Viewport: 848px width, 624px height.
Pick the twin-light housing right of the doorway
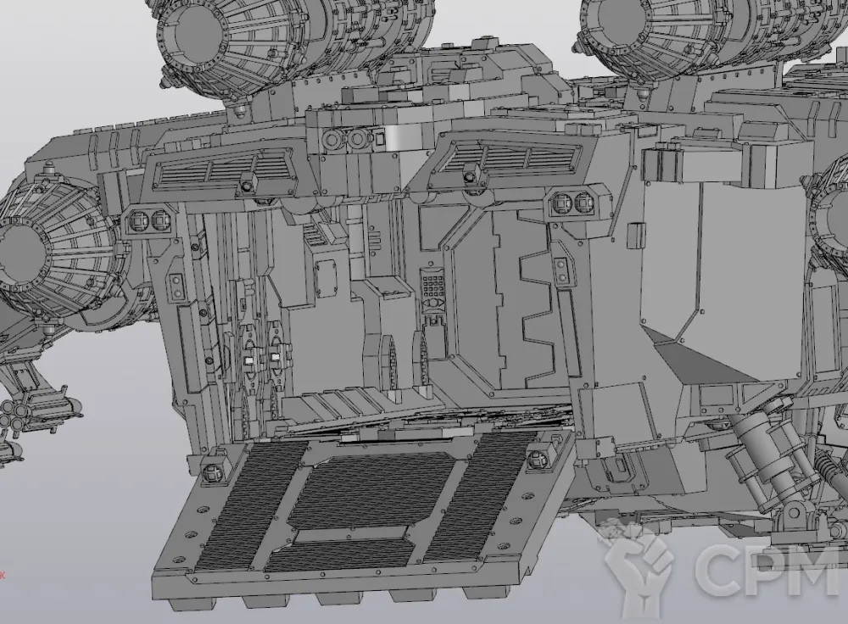pos(574,203)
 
